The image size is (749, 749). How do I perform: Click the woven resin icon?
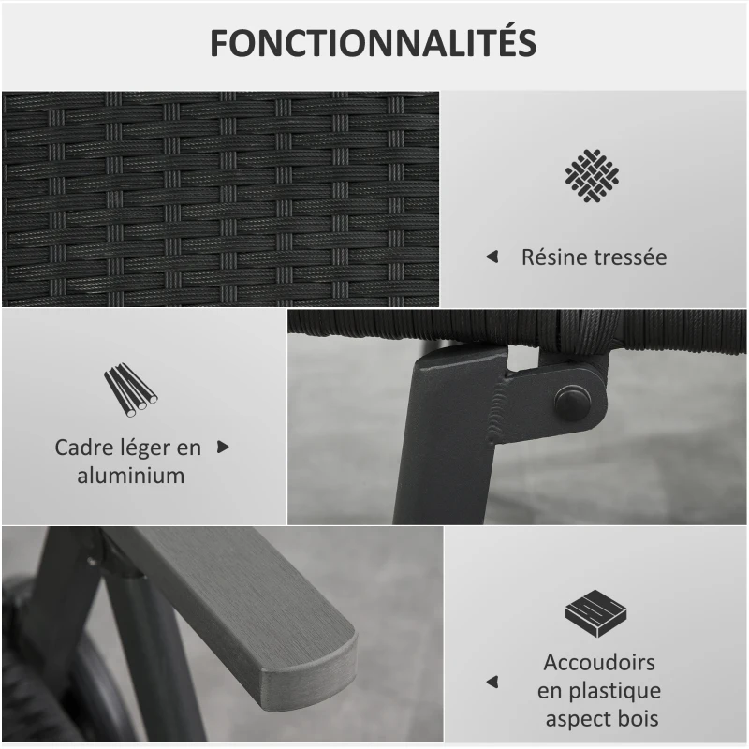(x=592, y=172)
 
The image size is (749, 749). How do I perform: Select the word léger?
(x=150, y=447)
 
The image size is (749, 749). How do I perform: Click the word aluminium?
(x=130, y=475)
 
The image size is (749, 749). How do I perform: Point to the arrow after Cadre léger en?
(x=223, y=448)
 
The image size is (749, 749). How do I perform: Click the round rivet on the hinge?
(x=570, y=402)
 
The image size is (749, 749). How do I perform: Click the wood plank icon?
(x=595, y=611)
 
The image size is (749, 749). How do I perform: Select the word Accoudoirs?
(x=599, y=663)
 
